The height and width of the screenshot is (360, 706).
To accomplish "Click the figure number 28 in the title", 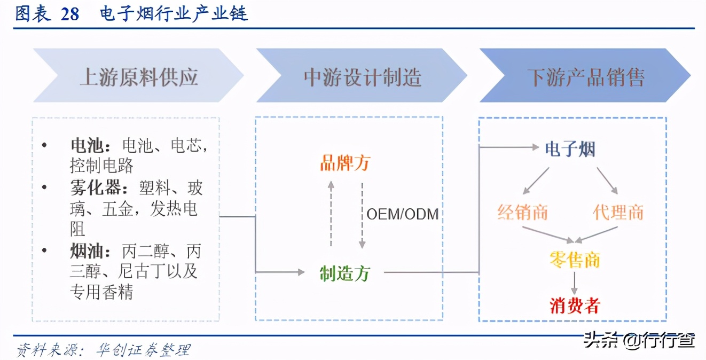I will [x=70, y=13].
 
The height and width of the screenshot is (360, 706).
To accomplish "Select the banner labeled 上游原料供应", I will [x=138, y=76].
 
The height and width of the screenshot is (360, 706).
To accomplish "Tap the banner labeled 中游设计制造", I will [x=362, y=76].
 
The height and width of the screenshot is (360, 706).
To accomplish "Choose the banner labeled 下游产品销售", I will [x=585, y=76].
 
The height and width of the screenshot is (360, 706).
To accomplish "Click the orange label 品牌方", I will [x=344, y=163].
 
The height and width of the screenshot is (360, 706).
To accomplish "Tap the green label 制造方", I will [x=344, y=273].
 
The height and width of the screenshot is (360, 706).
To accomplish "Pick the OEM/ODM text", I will [x=402, y=214].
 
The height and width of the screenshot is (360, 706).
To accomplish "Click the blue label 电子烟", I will [x=570, y=149].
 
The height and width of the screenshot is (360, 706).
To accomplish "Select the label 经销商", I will [x=523, y=213].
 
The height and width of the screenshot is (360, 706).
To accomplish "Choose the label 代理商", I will [x=618, y=213].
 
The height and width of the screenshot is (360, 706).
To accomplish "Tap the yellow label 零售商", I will [x=575, y=260].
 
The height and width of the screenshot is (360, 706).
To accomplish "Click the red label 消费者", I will [x=575, y=306].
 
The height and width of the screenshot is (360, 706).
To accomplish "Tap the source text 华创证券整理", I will [x=143, y=350].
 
